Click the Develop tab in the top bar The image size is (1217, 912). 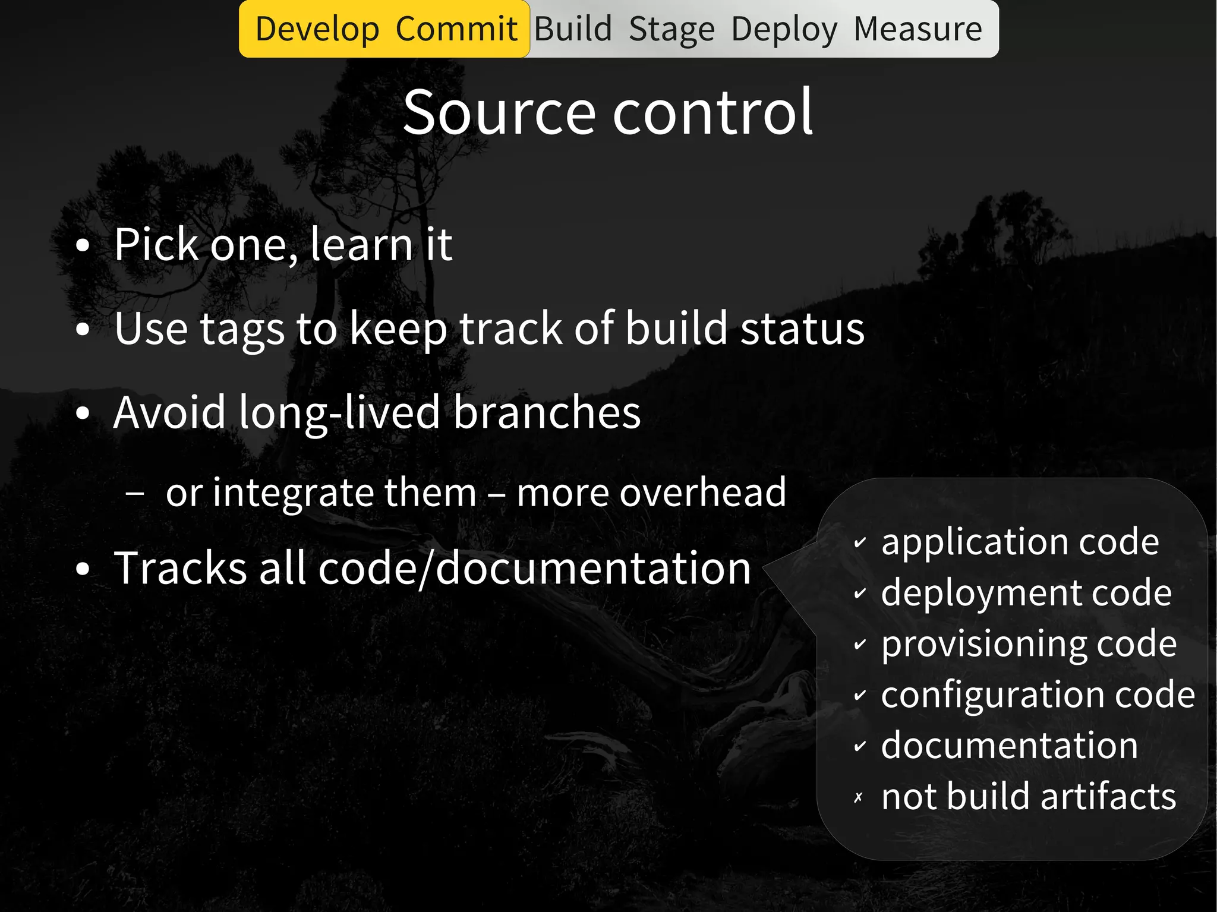tap(317, 30)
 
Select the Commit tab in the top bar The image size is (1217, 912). tap(456, 30)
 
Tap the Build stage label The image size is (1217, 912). tap(573, 30)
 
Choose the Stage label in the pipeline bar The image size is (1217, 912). tap(671, 30)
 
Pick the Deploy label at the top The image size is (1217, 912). tap(784, 30)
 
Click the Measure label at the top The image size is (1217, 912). tap(918, 30)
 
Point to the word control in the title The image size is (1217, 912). tap(712, 112)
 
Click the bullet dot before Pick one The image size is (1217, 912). tap(83, 245)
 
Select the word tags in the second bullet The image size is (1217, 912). tap(242, 329)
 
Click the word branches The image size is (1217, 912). tap(547, 412)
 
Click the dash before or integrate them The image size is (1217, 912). tap(135, 493)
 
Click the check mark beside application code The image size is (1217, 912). tap(860, 542)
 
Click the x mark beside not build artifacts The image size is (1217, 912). tap(858, 798)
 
